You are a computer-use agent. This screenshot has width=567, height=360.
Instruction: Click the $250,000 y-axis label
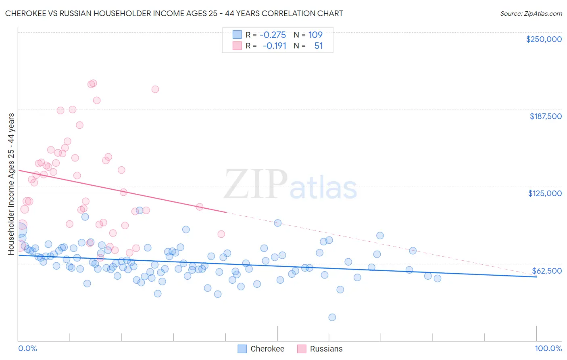[544, 39]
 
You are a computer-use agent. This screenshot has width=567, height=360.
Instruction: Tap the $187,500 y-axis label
[545, 116]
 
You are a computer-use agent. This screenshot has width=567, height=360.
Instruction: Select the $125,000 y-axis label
[545, 193]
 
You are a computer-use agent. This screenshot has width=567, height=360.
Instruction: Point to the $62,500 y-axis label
[547, 271]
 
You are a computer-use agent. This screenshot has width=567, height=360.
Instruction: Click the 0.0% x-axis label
[27, 348]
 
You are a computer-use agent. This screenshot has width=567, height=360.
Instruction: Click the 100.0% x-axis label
[548, 348]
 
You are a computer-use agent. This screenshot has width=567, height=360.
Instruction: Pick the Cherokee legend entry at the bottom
[267, 349]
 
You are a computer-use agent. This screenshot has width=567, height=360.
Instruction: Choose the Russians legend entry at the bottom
[326, 349]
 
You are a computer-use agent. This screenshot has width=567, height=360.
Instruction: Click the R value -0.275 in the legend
[273, 35]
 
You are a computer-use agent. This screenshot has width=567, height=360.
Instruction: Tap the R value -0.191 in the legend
[274, 46]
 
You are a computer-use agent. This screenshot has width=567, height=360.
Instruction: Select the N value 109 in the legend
[315, 35]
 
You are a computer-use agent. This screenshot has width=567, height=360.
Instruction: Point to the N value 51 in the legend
[319, 46]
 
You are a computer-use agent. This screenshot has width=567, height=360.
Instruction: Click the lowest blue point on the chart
[332, 317]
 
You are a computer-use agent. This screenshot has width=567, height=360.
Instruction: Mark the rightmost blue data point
[438, 278]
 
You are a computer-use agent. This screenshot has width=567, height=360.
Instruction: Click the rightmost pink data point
[221, 234]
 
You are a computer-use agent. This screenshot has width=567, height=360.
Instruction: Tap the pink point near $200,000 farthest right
[155, 89]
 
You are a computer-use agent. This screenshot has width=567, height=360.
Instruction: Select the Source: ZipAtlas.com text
[531, 14]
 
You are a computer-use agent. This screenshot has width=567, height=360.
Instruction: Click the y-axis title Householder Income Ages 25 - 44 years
[11, 184]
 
